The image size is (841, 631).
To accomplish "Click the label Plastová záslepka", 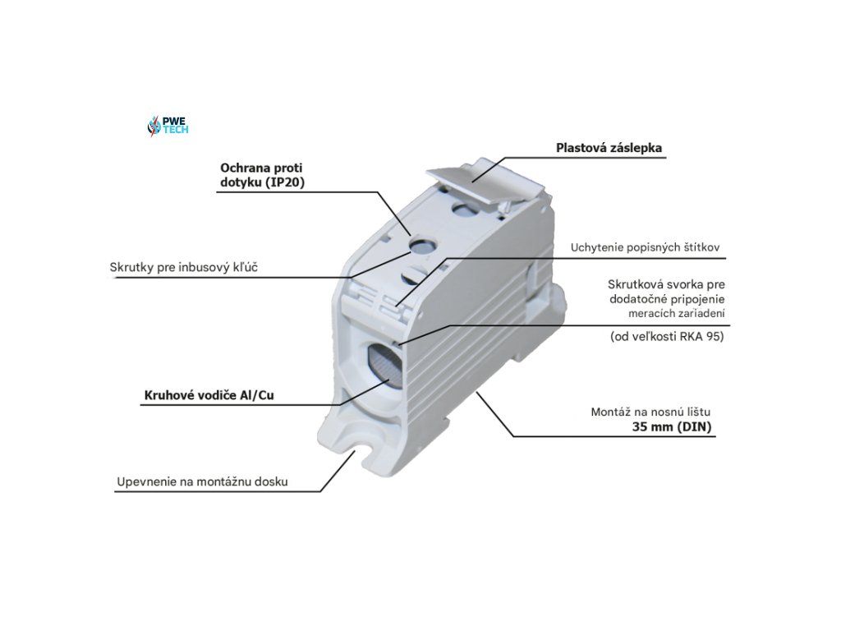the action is (x=609, y=149).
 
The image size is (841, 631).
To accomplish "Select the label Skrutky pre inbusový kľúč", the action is (x=184, y=268).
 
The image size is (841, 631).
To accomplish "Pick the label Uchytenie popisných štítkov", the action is (x=646, y=247).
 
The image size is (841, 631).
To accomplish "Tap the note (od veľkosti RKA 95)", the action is (x=667, y=337).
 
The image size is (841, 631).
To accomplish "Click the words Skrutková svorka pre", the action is (x=666, y=283).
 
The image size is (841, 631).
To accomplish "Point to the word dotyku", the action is (x=240, y=183).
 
